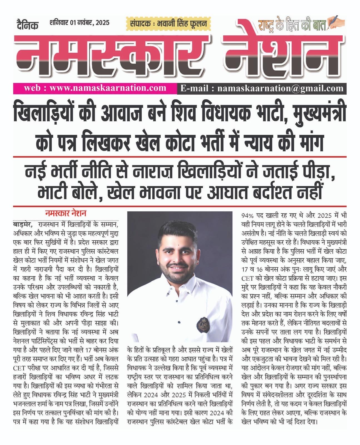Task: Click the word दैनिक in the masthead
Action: point(27,24)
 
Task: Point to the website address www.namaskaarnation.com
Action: point(108,88)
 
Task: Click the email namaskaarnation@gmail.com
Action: point(280,88)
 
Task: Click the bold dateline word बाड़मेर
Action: point(22,224)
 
